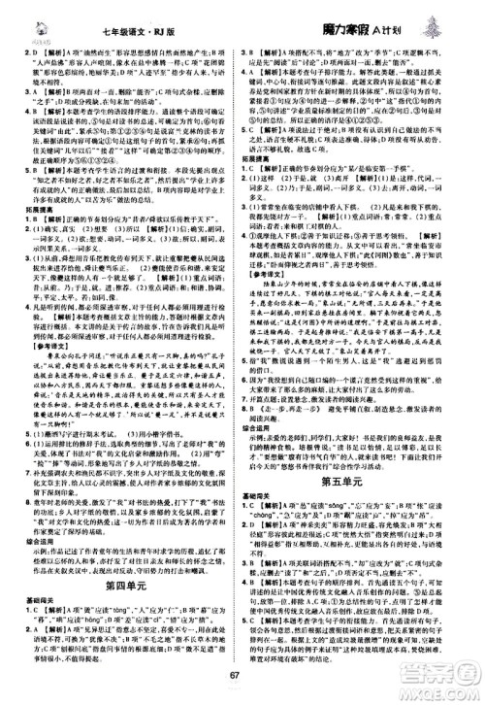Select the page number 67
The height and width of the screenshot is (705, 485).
[242, 679]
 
